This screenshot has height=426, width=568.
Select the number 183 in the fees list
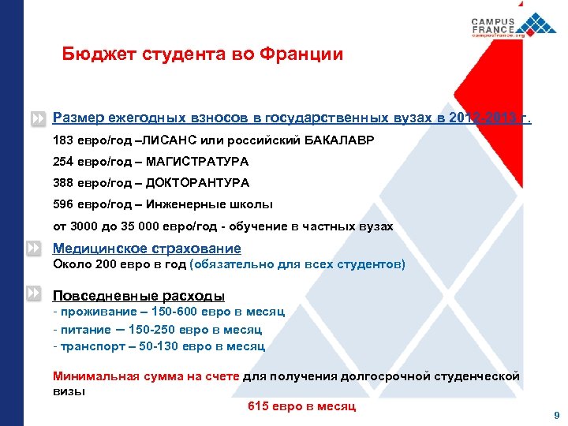click(64, 140)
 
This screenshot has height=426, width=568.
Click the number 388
click(64, 182)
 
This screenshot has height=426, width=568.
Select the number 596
click(64, 204)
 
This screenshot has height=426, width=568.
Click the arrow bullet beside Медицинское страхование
click(33, 248)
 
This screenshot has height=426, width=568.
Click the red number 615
click(259, 406)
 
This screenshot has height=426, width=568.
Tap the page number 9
click(557, 415)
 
